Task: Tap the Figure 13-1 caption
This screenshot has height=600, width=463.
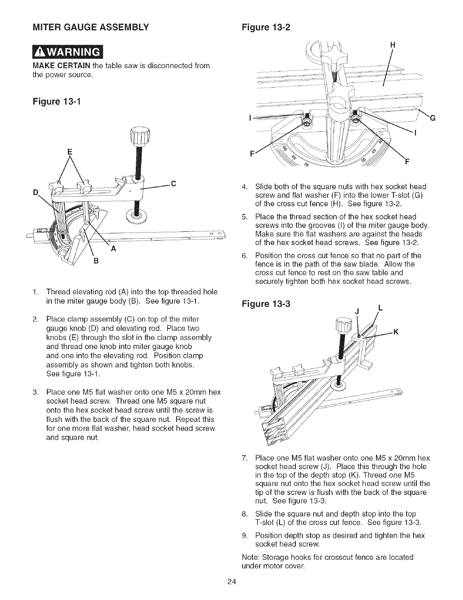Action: [x=54, y=102]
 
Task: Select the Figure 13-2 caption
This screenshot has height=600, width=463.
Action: [x=265, y=28]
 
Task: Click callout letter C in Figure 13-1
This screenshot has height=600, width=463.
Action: [x=174, y=184]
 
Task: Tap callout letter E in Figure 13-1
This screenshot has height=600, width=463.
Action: [x=69, y=152]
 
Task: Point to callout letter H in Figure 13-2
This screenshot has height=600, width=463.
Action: [x=392, y=44]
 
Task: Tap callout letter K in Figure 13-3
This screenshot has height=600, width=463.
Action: [x=396, y=332]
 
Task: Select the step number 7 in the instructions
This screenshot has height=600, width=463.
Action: [x=244, y=458]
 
